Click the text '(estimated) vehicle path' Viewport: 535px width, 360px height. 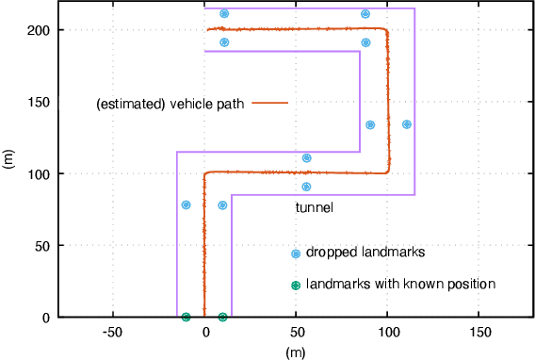(x=170, y=105)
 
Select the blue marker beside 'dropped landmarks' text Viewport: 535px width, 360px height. (x=295, y=254)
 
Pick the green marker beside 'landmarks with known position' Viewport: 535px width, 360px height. (x=295, y=285)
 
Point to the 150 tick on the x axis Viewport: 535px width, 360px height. (x=480, y=333)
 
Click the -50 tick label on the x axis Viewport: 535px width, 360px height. (x=113, y=333)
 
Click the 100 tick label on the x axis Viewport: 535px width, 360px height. (x=389, y=333)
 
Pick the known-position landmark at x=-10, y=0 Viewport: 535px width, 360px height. (x=186, y=318)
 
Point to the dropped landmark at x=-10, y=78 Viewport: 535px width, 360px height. (x=186, y=205)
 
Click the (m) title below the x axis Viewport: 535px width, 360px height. (x=297, y=351)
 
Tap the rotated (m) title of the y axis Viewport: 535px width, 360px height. (x=9, y=161)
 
